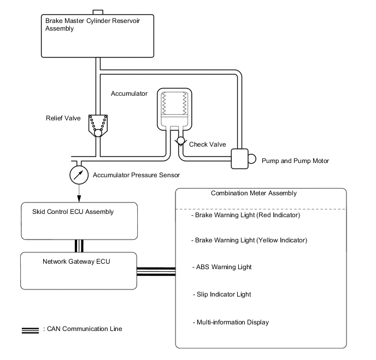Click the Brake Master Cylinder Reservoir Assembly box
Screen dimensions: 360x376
(97, 36)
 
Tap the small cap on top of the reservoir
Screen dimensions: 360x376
(98, 11)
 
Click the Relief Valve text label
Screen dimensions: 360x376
(63, 117)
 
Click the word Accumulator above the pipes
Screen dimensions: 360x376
(129, 94)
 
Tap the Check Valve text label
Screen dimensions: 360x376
(207, 144)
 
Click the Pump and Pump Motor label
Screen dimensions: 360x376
(295, 161)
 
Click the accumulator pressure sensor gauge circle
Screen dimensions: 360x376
(79, 175)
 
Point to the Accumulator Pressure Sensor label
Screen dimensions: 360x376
(136, 176)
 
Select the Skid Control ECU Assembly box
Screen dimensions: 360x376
(79, 221)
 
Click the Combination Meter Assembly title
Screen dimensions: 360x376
(254, 193)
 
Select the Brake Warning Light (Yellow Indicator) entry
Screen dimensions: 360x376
(249, 240)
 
